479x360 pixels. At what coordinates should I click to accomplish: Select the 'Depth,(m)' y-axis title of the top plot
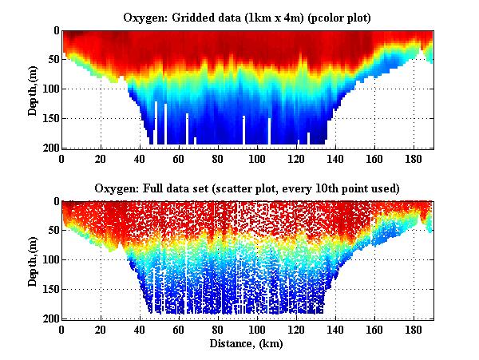coord(32,89)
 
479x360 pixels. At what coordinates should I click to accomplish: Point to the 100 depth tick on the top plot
coord(50,89)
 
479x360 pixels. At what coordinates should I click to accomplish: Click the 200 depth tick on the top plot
coord(50,148)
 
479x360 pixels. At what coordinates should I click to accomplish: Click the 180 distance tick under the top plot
coord(414,158)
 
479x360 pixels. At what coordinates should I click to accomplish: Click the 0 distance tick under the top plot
coord(62,158)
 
